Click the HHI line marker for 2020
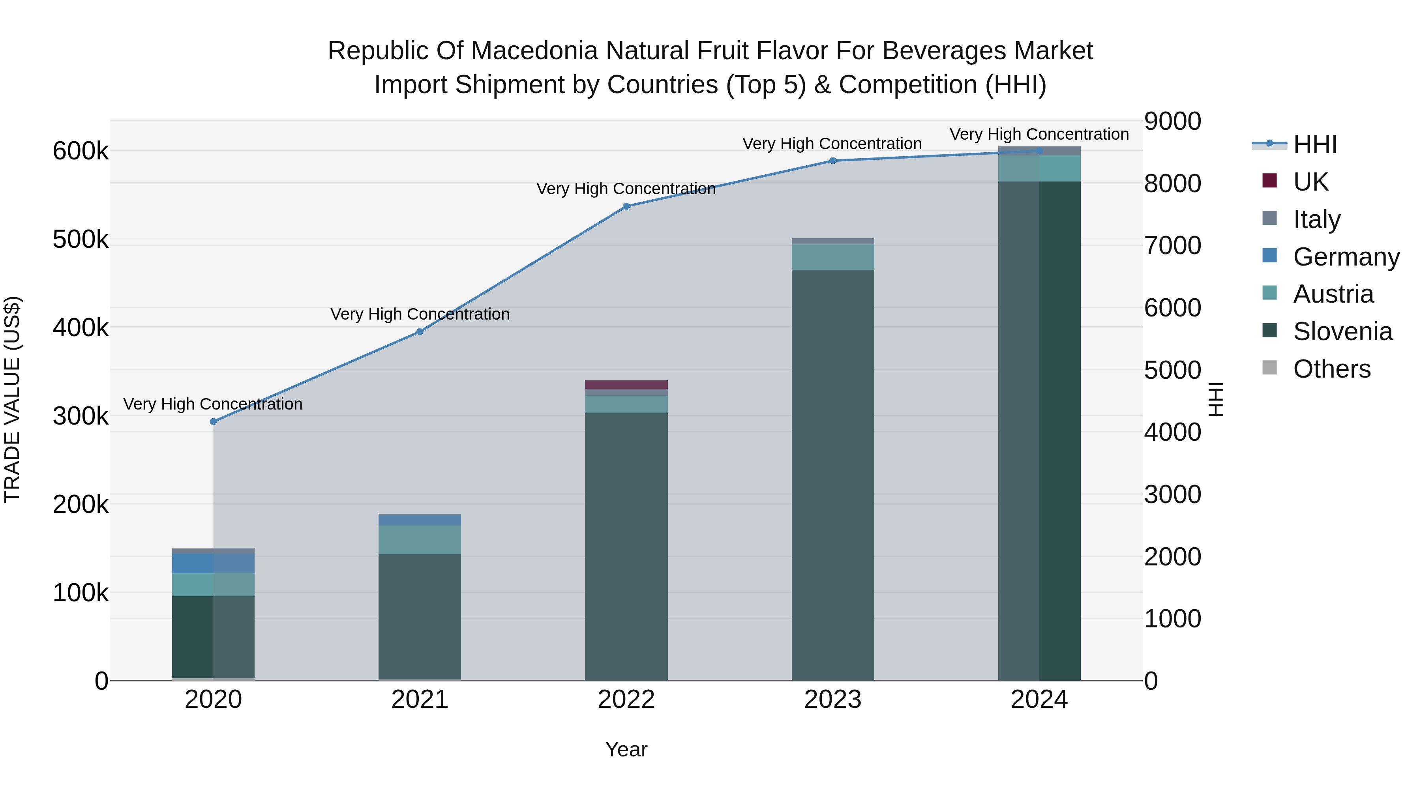(214, 422)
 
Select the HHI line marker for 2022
(626, 207)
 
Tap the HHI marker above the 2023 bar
(833, 161)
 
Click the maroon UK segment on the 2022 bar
(626, 385)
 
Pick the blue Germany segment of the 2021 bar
(420, 519)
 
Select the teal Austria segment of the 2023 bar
(833, 257)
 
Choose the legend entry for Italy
(1316, 219)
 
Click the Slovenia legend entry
(1342, 331)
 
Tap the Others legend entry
(1331, 369)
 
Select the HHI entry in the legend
(1314, 144)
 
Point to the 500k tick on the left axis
(81, 240)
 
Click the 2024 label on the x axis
(1039, 700)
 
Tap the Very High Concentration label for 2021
(420, 314)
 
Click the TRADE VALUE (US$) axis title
(12, 399)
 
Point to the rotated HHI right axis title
(1216, 399)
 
